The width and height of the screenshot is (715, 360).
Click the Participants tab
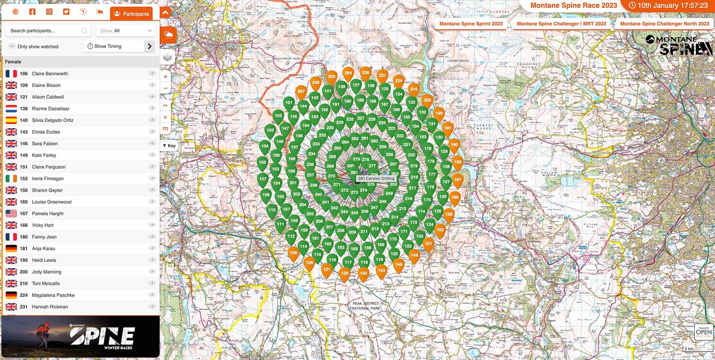coord(131,14)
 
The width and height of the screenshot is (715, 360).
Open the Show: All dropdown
coord(125,30)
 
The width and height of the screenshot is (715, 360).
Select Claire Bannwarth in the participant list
coord(50,74)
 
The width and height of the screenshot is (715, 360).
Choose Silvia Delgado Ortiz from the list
coord(54,120)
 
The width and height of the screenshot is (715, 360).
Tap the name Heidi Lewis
coord(44,260)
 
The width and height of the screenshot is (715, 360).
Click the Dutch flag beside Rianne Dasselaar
coord(11,109)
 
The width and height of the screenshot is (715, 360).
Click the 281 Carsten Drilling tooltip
coord(376,178)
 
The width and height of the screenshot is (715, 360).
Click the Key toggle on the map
coord(169,146)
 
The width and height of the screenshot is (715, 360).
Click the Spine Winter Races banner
coord(80,336)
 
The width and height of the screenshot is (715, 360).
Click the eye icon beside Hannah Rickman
coord(152,307)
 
